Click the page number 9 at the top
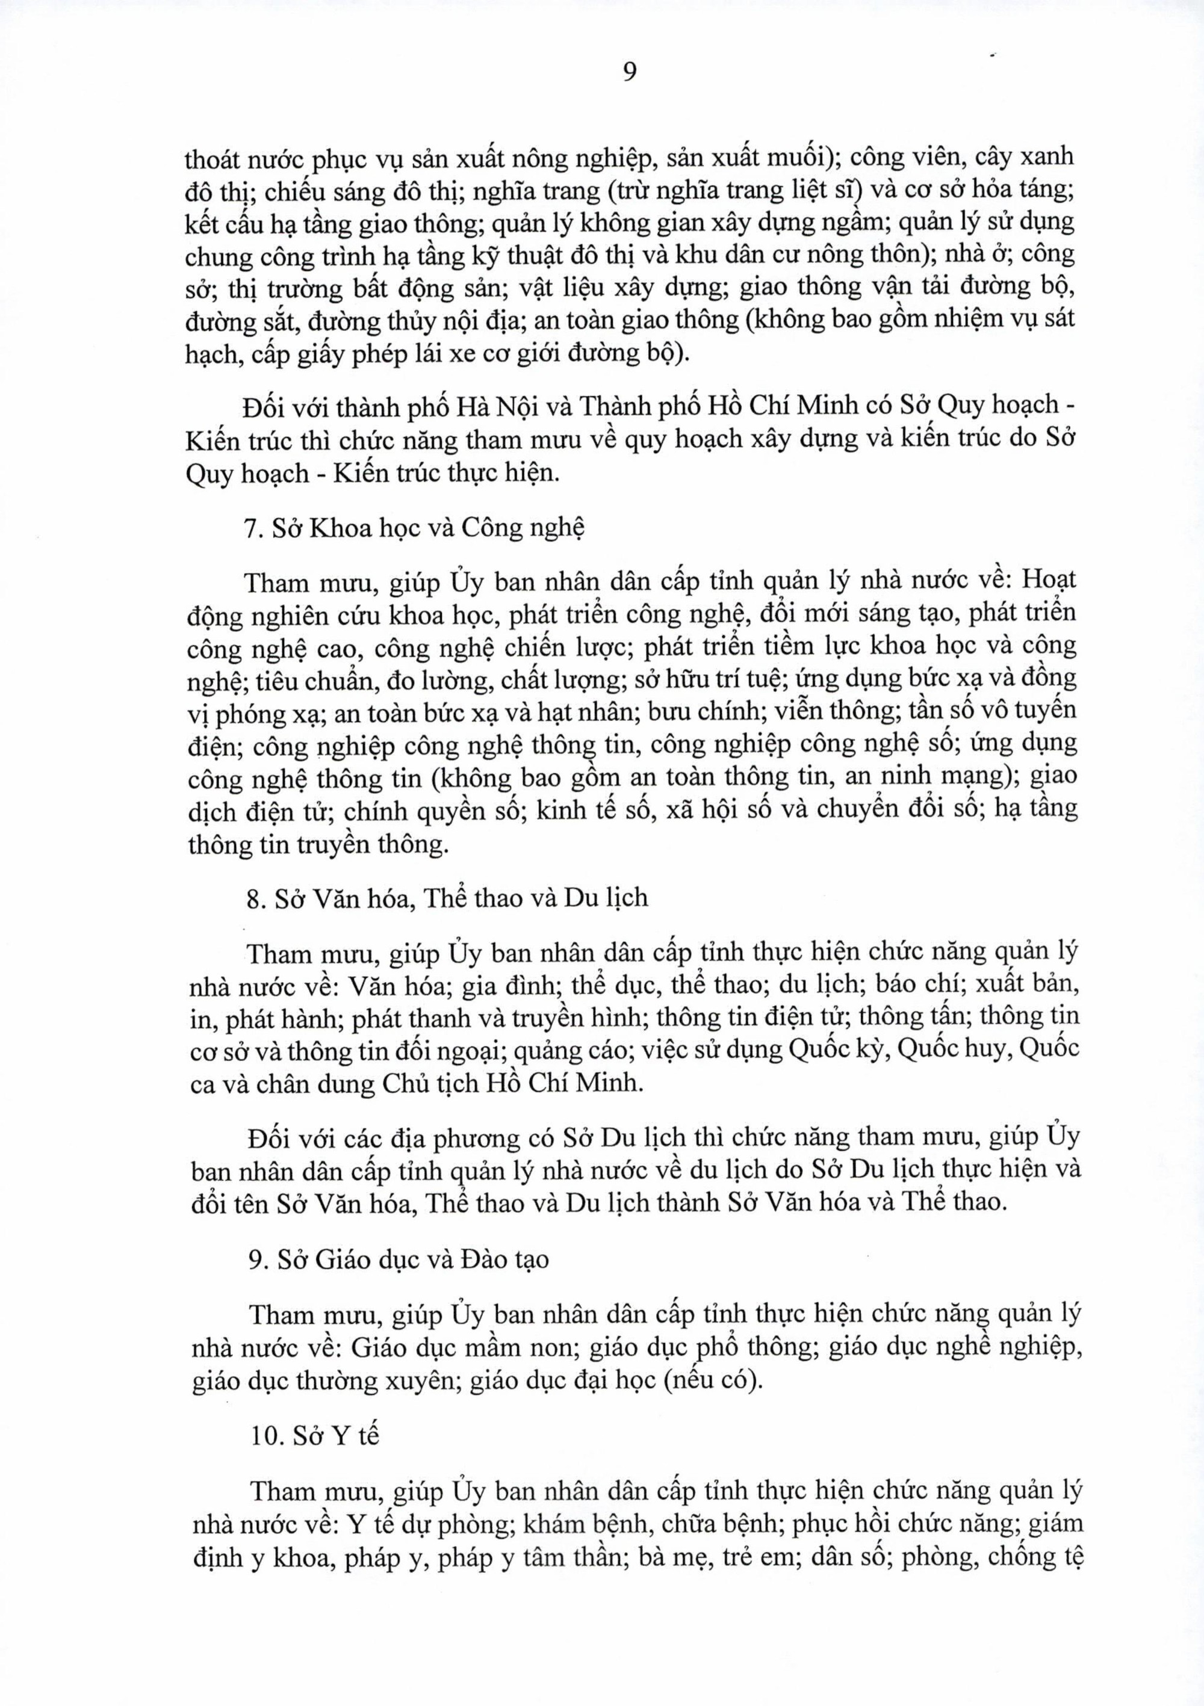(x=628, y=72)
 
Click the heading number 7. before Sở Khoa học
(x=254, y=528)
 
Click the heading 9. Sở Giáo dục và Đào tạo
(x=400, y=1259)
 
